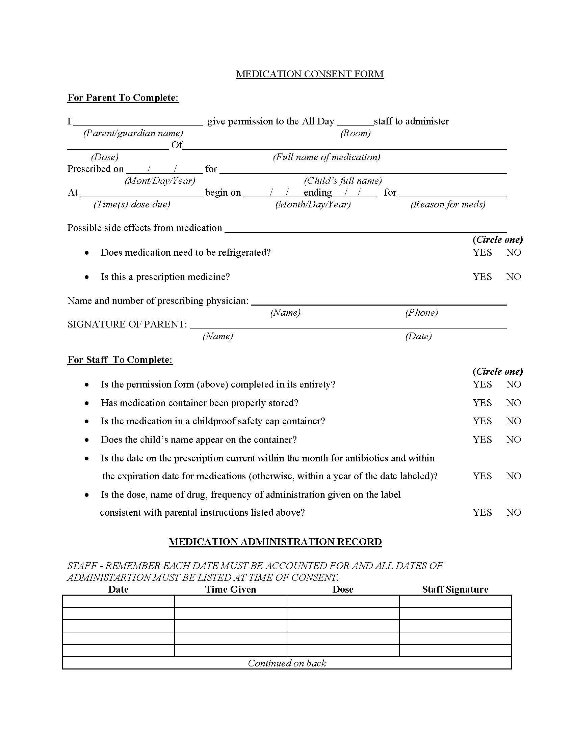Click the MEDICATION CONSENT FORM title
(310, 74)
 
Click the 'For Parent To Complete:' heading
(123, 98)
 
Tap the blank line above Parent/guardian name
(138, 123)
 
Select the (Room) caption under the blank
(355, 133)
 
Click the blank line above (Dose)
(118, 147)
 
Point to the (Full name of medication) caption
(327, 157)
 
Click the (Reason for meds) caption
(448, 204)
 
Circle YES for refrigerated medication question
(482, 252)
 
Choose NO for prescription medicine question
(514, 277)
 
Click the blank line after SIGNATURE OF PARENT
(347, 326)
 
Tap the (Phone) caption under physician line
(421, 313)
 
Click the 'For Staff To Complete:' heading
(120, 360)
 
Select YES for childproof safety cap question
(482, 421)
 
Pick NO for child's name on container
(514, 439)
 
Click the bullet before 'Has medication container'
(87, 403)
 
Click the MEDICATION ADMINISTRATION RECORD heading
(275, 542)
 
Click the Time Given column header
(231, 589)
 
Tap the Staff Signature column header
(455, 589)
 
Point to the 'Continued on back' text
(287, 663)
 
